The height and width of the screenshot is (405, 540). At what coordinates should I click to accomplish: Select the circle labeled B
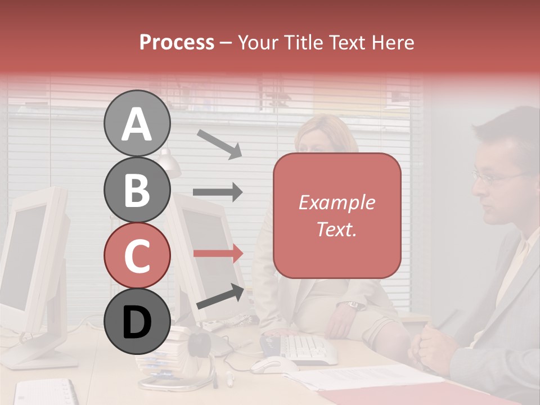point(137,190)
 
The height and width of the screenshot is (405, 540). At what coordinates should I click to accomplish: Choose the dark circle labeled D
point(137,322)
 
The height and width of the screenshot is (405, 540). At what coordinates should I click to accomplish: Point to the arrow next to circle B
point(218,192)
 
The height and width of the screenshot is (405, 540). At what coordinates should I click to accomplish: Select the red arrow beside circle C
point(218,253)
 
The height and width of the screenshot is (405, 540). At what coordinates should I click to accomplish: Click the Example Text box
point(337,215)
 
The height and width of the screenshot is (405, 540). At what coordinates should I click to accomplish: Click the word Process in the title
point(177,42)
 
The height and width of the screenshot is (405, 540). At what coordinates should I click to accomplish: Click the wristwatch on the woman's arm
point(353,305)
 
